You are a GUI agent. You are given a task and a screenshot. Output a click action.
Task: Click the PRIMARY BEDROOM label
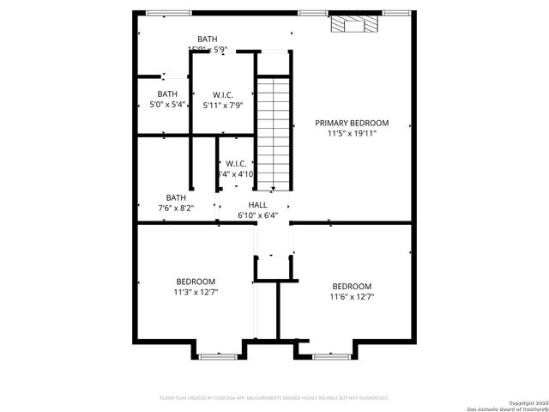(x=352, y=123)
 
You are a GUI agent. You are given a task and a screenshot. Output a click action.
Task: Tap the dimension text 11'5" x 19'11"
(x=352, y=133)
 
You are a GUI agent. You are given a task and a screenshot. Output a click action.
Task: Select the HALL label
(x=257, y=204)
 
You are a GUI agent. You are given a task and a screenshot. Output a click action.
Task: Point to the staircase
(x=274, y=133)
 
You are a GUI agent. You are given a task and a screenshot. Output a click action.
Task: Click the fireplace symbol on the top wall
(x=353, y=23)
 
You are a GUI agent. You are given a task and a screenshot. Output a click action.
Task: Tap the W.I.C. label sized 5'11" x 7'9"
(x=223, y=94)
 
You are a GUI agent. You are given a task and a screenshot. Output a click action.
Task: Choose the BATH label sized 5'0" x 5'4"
(x=167, y=94)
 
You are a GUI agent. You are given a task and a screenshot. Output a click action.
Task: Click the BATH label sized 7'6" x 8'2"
(x=176, y=197)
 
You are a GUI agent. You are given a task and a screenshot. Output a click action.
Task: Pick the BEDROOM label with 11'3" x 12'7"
(x=196, y=282)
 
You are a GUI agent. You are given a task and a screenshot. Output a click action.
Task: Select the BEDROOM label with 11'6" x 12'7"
(x=352, y=286)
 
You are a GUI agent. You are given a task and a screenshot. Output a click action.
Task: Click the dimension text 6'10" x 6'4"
(x=257, y=215)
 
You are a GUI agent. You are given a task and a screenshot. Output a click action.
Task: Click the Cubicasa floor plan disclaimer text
(x=274, y=398)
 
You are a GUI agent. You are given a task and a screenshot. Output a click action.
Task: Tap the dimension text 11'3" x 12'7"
(x=196, y=292)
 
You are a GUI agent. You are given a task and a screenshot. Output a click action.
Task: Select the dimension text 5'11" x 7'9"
(x=223, y=105)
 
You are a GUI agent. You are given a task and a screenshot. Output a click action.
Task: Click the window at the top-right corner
(x=395, y=13)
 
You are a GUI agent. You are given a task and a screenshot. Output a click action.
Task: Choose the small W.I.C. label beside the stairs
(x=237, y=163)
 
